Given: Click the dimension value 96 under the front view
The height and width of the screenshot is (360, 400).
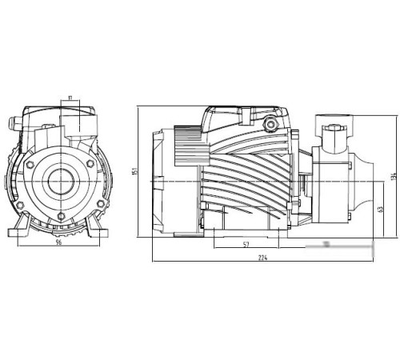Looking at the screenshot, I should (58, 244).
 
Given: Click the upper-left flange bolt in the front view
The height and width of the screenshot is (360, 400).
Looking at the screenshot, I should (30, 165).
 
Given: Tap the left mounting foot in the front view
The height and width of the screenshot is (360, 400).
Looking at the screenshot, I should (20, 231).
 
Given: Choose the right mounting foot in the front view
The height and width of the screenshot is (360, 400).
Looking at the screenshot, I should (100, 231).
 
